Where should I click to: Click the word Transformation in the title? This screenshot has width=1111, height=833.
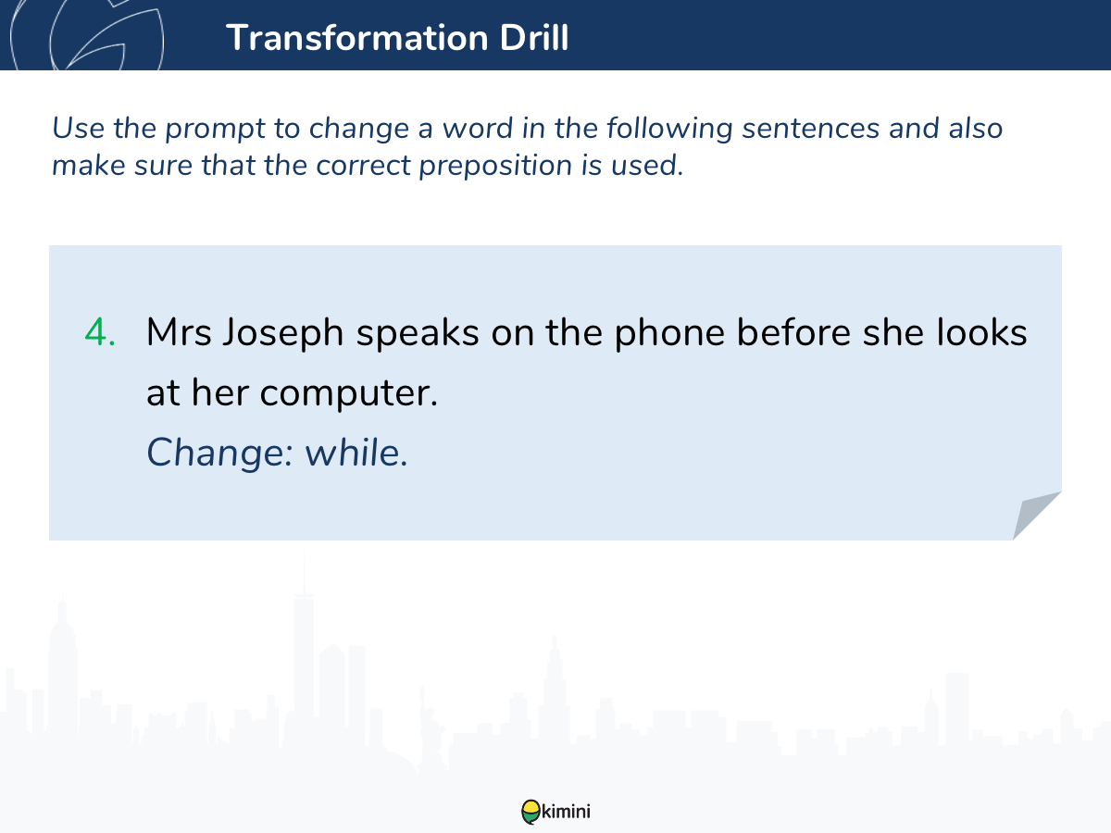pyautogui.click(x=356, y=37)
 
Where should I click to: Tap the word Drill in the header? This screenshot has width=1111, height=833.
pyautogui.click(x=534, y=37)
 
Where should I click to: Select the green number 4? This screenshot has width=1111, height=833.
pyautogui.click(x=100, y=332)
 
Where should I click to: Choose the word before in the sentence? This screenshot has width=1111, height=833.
pyautogui.click(x=793, y=332)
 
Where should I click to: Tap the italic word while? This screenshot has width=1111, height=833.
pyautogui.click(x=356, y=452)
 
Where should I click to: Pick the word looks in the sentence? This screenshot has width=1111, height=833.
pyautogui.click(x=981, y=332)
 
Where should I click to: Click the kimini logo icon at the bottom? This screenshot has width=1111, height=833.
pyautogui.click(x=531, y=812)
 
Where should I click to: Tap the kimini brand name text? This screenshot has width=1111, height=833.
pyautogui.click(x=566, y=812)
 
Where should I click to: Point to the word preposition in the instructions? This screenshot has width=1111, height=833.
pyautogui.click(x=495, y=167)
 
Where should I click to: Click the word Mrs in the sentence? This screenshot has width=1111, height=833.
pyautogui.click(x=179, y=332)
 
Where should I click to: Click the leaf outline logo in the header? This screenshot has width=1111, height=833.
pyautogui.click(x=87, y=34)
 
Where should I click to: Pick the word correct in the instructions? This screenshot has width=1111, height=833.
pyautogui.click(x=363, y=166)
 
